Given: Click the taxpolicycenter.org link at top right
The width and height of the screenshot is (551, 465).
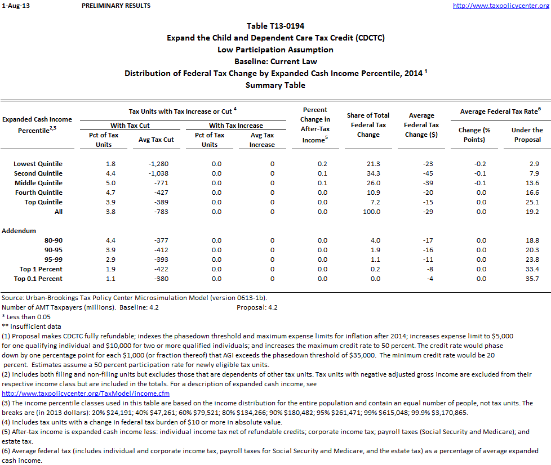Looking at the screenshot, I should point(501,6).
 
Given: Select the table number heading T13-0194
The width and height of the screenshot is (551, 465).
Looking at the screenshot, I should point(275,26).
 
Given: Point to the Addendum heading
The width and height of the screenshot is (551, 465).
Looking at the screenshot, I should point(19,231).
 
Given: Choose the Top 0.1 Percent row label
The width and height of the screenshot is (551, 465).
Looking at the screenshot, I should point(38,279).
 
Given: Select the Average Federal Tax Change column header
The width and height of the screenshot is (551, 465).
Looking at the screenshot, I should point(421,125).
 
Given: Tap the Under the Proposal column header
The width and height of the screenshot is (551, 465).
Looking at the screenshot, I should point(527,135).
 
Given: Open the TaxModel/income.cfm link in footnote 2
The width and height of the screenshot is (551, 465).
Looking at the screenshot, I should point(86,393).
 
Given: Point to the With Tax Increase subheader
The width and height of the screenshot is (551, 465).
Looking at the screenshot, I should point(235,126).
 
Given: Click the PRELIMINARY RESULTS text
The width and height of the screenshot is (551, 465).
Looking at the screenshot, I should point(116,6).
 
